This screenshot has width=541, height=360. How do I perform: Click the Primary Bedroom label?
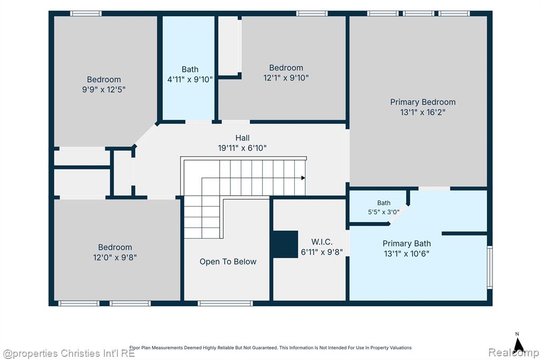point(423,102)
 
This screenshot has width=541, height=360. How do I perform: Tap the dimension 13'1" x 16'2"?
point(423,112)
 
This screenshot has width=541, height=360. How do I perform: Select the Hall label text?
point(242,138)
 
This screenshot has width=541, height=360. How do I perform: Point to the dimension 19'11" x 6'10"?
point(242,148)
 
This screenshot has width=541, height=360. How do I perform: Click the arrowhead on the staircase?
point(303,178)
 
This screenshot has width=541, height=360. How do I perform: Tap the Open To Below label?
point(228,262)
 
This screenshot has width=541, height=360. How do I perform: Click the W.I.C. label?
point(322,242)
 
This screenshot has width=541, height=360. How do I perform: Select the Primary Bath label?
point(406,243)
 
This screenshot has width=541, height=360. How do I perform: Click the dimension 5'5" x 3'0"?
point(384,212)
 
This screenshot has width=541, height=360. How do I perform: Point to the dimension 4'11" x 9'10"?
point(190,79)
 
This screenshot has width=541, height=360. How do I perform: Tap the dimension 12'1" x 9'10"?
point(286,78)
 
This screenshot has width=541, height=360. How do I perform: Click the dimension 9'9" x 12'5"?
point(104,90)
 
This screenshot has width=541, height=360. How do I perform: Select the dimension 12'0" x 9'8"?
point(115,257)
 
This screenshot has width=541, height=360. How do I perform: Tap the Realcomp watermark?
point(514,353)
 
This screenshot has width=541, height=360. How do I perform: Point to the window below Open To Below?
point(225,304)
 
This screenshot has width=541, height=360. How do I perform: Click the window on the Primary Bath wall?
point(490,267)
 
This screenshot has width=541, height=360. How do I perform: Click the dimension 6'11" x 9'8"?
point(322,252)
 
